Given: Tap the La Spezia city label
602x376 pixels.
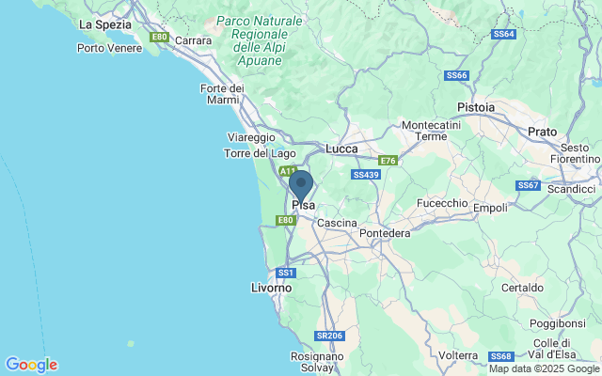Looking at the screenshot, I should click(x=104, y=24).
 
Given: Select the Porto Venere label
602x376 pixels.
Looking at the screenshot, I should click(x=109, y=48).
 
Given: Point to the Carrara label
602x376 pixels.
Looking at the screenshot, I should click(x=193, y=40).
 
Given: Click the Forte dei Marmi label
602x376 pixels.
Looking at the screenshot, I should click(x=222, y=94).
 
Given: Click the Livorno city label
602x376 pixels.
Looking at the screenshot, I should click(x=273, y=287).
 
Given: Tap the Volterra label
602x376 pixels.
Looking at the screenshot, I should click(x=459, y=355).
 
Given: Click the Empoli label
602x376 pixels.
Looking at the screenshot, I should click(x=490, y=208).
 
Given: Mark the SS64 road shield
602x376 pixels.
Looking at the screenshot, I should click(x=503, y=34).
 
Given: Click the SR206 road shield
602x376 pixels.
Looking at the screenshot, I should click(x=328, y=336).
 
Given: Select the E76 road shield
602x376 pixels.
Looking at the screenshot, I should click(x=388, y=161).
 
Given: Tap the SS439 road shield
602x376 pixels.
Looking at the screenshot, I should click(x=365, y=175).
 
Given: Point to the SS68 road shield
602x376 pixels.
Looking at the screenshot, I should click(x=500, y=356).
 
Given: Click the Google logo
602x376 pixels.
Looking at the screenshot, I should click(x=31, y=365).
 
